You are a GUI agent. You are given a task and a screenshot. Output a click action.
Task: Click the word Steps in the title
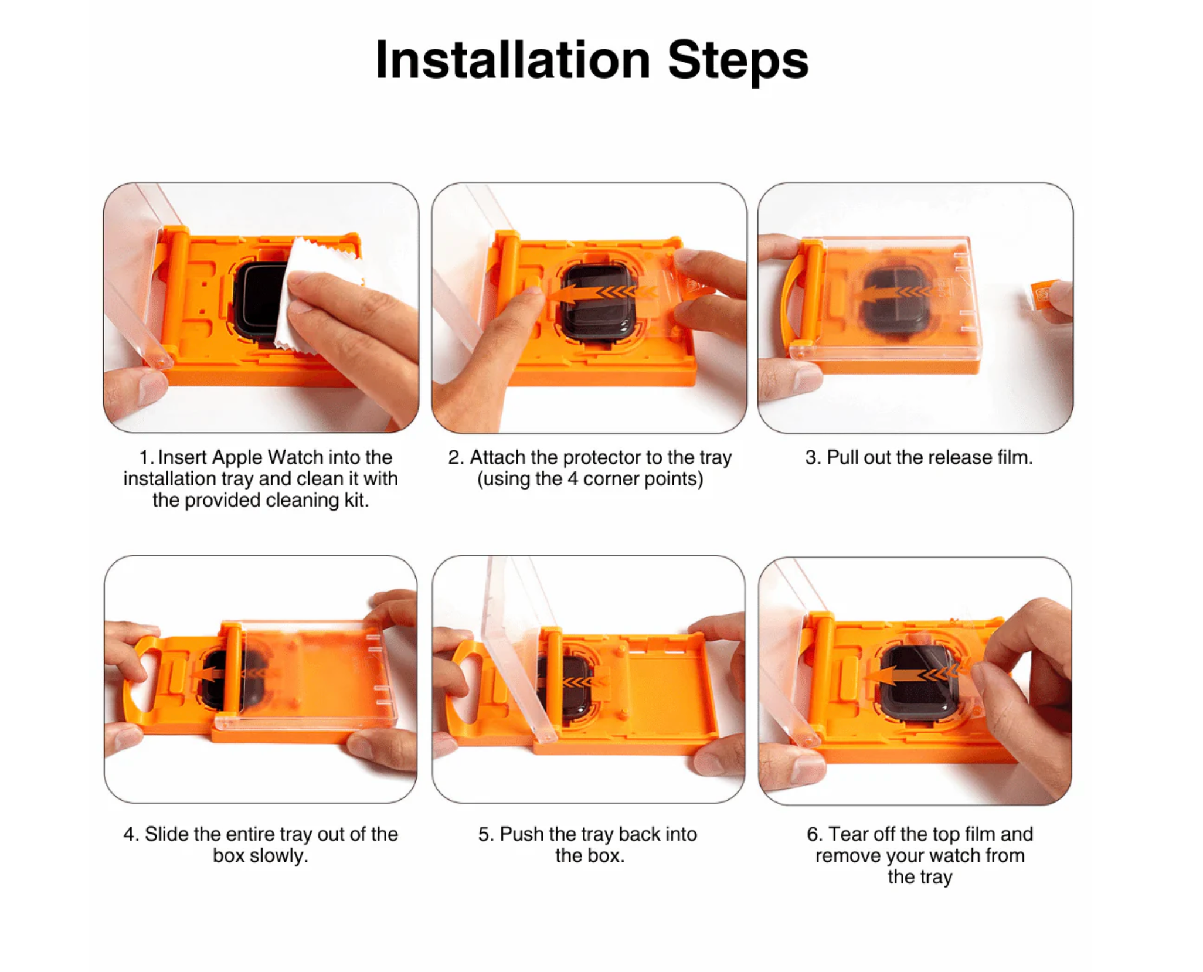(x=738, y=62)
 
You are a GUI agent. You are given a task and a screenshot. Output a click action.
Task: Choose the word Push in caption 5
(x=522, y=834)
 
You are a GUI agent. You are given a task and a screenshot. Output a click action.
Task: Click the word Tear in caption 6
(x=848, y=834)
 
